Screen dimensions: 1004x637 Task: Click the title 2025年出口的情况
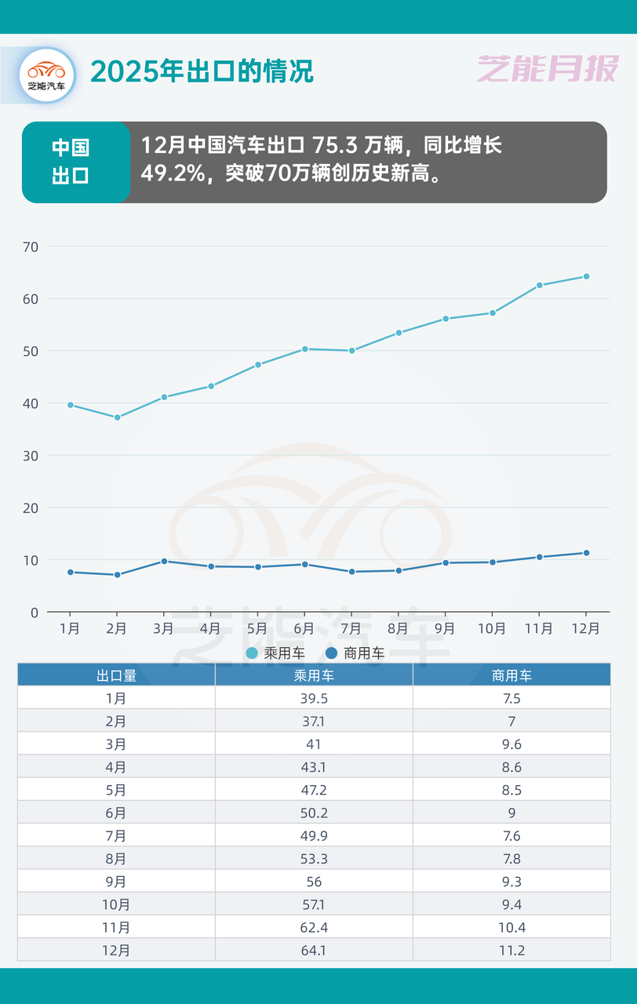pyautogui.click(x=202, y=71)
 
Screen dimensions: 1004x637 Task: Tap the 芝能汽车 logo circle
pyautogui.click(x=47, y=75)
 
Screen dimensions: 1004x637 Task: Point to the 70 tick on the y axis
pyautogui.click(x=31, y=246)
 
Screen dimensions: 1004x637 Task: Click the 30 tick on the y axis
pyautogui.click(x=31, y=456)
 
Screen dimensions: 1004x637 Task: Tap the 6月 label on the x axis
pyautogui.click(x=304, y=628)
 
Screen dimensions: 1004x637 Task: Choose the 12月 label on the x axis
pyautogui.click(x=585, y=628)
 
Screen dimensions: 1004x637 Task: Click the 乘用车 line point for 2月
pyautogui.click(x=117, y=417)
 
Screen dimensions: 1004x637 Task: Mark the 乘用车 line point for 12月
pyautogui.click(x=586, y=276)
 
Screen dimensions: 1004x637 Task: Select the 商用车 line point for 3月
pyautogui.click(x=164, y=561)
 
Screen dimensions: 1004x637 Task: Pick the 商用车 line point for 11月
pyautogui.click(x=539, y=557)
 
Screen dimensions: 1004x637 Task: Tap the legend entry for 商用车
pyautogui.click(x=355, y=653)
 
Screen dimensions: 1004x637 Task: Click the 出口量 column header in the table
pyautogui.click(x=116, y=675)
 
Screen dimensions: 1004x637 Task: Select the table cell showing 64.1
pyautogui.click(x=314, y=951)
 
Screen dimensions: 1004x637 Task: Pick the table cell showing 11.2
pyautogui.click(x=511, y=951)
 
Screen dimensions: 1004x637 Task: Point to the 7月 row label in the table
pyautogui.click(x=116, y=836)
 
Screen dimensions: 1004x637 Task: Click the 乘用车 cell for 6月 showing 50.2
pyautogui.click(x=314, y=813)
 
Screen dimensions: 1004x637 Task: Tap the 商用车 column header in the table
pyautogui.click(x=511, y=675)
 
